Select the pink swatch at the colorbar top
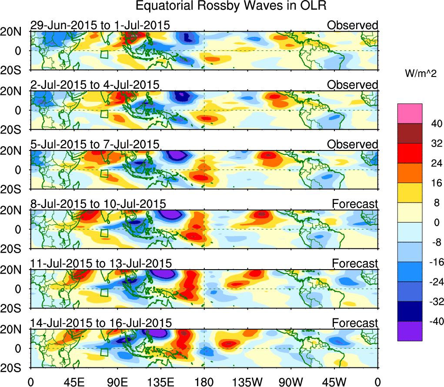click(x=409, y=113)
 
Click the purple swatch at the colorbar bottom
click(x=409, y=331)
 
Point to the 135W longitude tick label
click(x=247, y=382)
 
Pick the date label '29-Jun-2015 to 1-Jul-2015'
click(x=100, y=25)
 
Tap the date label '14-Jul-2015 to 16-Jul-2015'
click(x=101, y=323)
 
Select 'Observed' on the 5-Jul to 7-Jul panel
click(x=353, y=144)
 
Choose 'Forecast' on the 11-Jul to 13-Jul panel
click(x=355, y=263)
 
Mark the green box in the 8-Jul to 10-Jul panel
click(x=104, y=233)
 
